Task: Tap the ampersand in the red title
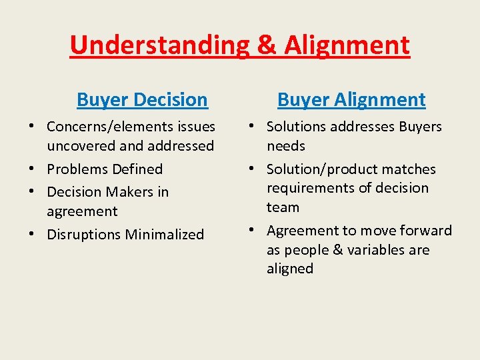pyautogui.click(x=266, y=45)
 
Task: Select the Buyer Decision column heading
pyautogui.click(x=142, y=100)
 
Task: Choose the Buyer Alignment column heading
pyautogui.click(x=351, y=100)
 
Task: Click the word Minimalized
pyautogui.click(x=164, y=235)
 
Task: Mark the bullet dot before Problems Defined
pyautogui.click(x=32, y=169)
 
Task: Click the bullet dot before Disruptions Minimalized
pyautogui.click(x=32, y=235)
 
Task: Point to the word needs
pyautogui.click(x=286, y=146)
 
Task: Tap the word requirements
pyautogui.click(x=308, y=188)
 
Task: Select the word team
pyautogui.click(x=283, y=207)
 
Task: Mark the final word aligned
pyautogui.click(x=290, y=269)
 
